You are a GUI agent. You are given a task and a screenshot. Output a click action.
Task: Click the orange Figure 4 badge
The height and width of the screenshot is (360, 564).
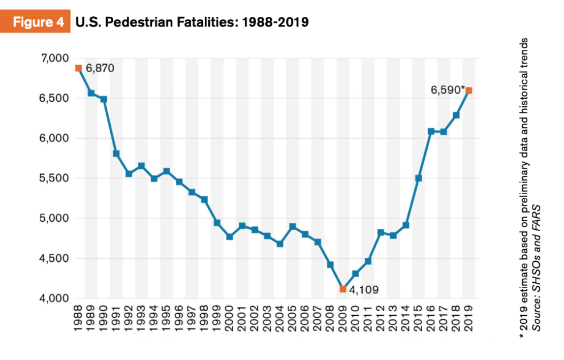tap(35, 23)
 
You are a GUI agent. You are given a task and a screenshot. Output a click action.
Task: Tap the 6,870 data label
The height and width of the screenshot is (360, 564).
tap(100, 68)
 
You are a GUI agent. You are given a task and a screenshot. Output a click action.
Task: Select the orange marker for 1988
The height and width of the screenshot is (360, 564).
tap(78, 68)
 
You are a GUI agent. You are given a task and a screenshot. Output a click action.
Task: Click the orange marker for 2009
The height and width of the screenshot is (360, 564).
tap(342, 289)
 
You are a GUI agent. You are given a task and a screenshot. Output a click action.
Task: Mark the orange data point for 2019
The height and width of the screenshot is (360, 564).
tap(469, 91)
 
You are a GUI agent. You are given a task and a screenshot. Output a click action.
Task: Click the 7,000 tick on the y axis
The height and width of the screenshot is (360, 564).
tap(54, 58)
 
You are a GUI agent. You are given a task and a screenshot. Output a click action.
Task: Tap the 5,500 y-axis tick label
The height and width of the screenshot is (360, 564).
tap(54, 178)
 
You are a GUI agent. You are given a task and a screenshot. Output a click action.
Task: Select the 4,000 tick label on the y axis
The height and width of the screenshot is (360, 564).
tap(54, 298)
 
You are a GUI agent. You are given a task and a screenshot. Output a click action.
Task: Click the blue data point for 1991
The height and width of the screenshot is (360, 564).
tap(116, 154)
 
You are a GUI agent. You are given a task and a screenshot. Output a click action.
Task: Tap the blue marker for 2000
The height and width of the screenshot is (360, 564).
tap(230, 236)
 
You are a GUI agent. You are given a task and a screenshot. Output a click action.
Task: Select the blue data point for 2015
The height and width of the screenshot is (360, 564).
tap(419, 178)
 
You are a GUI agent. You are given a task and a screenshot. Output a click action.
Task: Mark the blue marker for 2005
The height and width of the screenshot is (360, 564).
tap(293, 226)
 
